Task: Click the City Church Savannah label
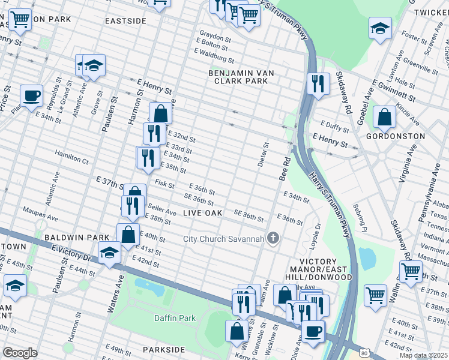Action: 223,239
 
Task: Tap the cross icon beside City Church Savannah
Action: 273,239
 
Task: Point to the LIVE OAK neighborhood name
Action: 202,213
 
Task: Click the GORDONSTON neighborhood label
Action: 399,136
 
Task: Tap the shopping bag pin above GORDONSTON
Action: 384,118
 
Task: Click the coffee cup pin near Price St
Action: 31,95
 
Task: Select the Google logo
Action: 20,353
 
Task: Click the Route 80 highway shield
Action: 364,353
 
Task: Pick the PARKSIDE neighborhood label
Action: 163,349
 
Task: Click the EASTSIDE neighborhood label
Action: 125,20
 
